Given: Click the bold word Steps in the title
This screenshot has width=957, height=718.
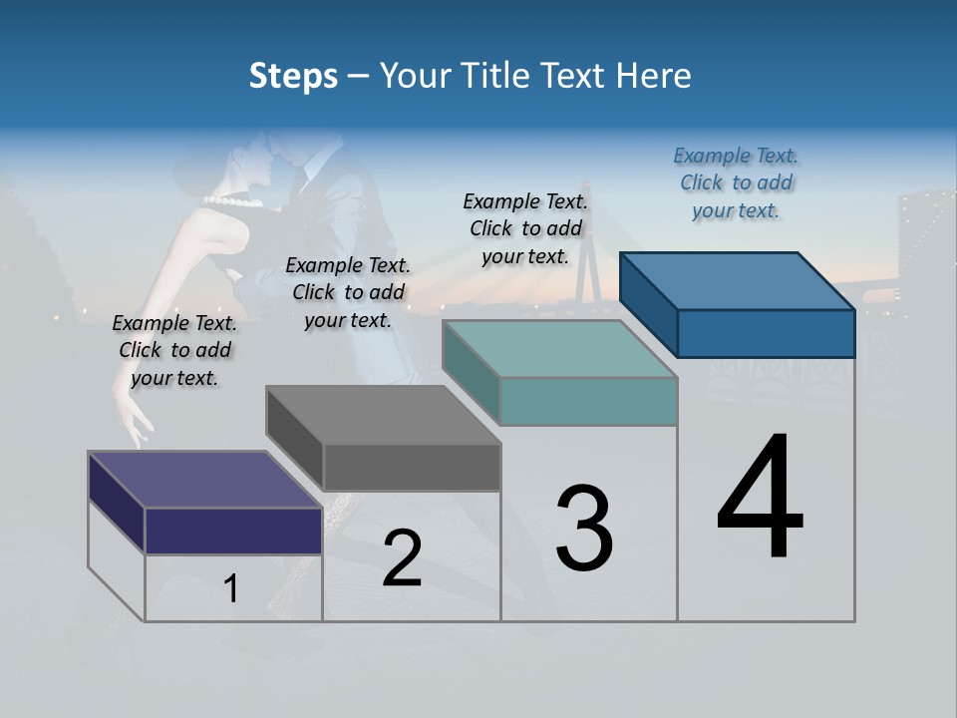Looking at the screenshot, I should [x=293, y=76].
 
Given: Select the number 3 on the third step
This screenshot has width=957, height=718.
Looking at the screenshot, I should [x=583, y=530].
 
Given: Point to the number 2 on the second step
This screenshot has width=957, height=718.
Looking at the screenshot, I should [x=402, y=558].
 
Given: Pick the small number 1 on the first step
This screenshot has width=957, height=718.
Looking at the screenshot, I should [x=231, y=589].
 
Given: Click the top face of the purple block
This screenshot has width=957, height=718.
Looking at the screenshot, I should [x=204, y=480].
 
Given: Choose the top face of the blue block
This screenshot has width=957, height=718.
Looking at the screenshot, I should [x=737, y=281].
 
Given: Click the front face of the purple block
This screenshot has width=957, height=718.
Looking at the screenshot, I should [x=233, y=531].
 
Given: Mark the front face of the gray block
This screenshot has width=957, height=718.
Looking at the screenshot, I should [x=412, y=467].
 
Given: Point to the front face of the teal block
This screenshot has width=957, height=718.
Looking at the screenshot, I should [x=588, y=401].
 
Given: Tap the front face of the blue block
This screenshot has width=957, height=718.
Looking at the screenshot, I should [x=766, y=333].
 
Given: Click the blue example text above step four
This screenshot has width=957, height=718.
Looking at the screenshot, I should [x=736, y=183].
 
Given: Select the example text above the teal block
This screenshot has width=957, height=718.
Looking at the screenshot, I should [x=525, y=228].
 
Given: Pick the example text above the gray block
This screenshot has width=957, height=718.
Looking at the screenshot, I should [x=348, y=292].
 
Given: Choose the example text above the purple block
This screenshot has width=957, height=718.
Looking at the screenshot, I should [x=174, y=350].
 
